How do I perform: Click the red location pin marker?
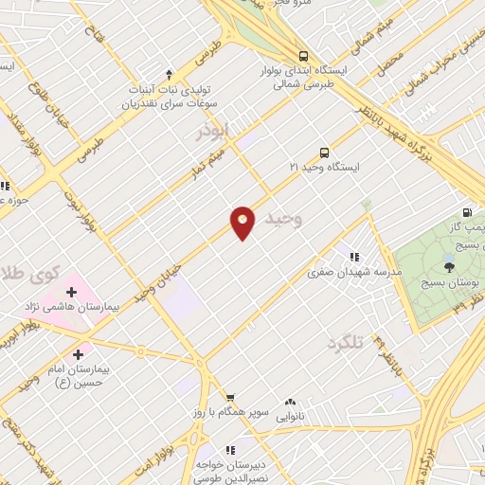242,223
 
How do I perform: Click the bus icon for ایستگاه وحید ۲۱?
324,152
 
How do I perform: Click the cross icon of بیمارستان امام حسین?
90,351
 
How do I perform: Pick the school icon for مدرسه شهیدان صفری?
354,257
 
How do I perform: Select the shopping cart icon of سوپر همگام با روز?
228,399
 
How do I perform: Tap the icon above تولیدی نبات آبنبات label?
170,74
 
